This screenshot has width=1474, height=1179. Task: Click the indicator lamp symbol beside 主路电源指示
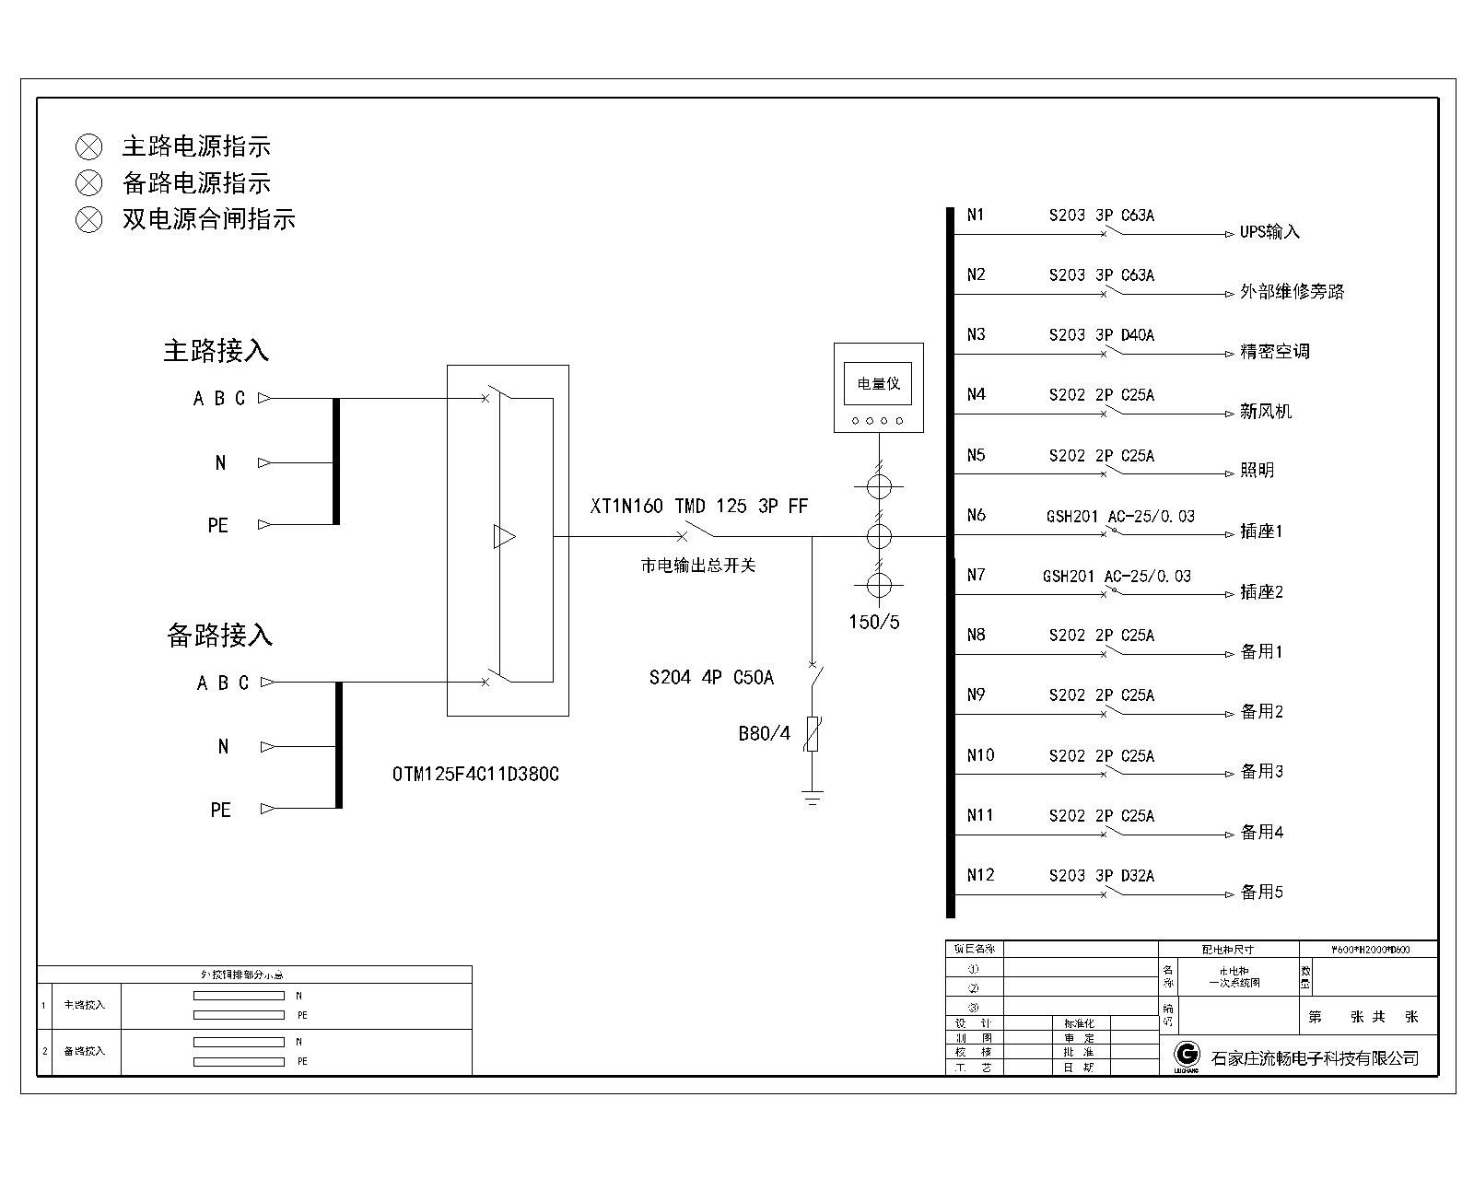click(88, 146)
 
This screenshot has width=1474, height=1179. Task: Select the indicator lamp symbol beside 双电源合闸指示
click(88, 219)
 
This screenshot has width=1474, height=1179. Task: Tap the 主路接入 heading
click(216, 351)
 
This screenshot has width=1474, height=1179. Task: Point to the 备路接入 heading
click(219, 635)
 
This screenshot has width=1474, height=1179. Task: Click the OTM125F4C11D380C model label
click(475, 775)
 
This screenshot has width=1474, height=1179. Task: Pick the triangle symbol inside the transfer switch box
click(504, 536)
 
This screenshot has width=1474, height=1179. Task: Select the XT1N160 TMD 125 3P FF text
click(699, 507)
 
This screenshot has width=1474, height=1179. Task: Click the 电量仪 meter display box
click(878, 383)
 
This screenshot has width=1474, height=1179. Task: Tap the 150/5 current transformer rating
click(874, 623)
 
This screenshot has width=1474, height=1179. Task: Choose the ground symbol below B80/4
click(812, 798)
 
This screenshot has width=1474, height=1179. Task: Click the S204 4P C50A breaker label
click(711, 678)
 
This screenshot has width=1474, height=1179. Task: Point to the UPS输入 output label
click(1269, 232)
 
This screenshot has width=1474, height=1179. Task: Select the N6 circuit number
click(977, 515)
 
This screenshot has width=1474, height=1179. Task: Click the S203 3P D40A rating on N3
click(1102, 335)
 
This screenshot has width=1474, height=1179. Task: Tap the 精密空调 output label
click(1274, 352)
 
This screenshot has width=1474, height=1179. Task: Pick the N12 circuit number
click(980, 875)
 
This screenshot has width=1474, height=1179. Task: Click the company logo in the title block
click(1187, 1056)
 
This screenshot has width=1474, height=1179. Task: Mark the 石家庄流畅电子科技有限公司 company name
click(1315, 1058)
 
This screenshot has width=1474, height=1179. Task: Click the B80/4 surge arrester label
click(764, 734)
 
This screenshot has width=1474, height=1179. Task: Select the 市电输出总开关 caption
click(697, 566)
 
